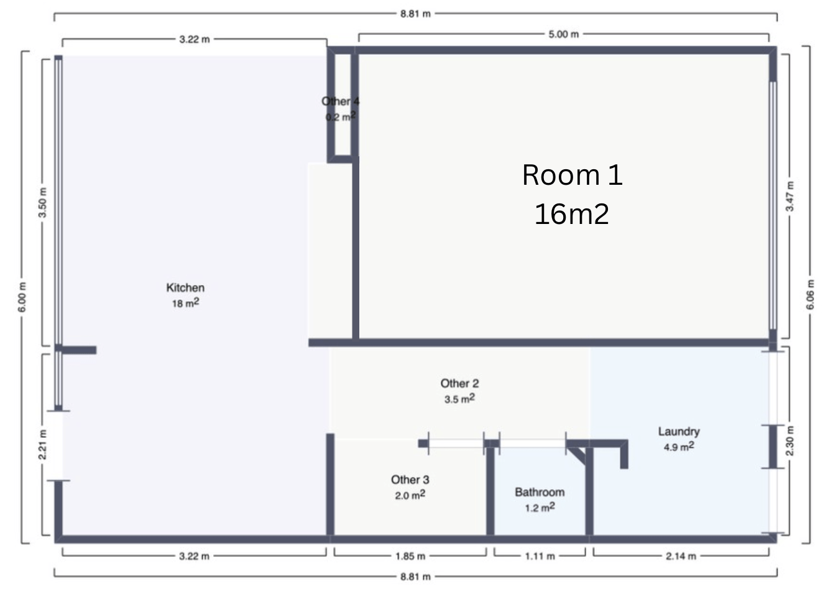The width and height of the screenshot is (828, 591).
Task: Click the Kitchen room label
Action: click(185, 288)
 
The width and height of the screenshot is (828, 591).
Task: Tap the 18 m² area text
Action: click(186, 303)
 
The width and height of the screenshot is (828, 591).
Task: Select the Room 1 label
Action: click(573, 175)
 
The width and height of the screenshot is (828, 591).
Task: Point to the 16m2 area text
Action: click(572, 214)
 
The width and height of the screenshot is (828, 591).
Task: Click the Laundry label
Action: click(679, 432)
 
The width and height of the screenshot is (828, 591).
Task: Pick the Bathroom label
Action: click(540, 492)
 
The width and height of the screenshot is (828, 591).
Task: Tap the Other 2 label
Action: click(459, 383)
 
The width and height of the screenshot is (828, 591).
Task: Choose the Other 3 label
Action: click(410, 480)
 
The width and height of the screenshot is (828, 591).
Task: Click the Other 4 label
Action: click(340, 101)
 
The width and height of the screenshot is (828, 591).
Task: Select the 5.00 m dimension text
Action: click(563, 34)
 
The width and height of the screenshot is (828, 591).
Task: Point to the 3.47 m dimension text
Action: click(789, 197)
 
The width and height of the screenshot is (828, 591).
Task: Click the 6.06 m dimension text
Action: click(810, 295)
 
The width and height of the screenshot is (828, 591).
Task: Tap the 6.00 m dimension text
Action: click(22, 297)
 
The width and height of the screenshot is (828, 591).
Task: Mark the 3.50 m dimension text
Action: click(43, 203)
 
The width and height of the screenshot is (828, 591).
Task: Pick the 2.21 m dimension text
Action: click(43, 445)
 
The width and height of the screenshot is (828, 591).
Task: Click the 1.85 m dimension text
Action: click(410, 556)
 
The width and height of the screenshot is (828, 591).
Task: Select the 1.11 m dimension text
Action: click(540, 556)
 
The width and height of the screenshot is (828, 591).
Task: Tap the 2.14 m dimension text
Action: click(681, 556)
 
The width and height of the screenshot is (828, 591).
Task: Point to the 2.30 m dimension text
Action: click(789, 441)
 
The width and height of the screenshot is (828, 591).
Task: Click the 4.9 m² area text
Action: click(679, 447)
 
